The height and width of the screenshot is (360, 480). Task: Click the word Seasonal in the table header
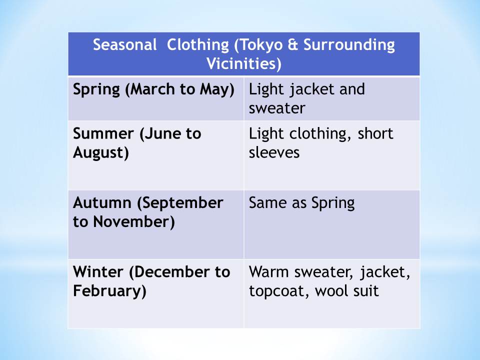[125, 44]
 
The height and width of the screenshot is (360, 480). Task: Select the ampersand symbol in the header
[293, 44]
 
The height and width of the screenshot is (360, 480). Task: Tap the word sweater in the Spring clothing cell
[277, 108]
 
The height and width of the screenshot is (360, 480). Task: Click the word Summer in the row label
[103, 134]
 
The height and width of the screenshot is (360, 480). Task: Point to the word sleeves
[274, 152]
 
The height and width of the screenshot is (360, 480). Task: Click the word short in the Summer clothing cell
[375, 133]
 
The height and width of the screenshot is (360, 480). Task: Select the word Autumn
[102, 202]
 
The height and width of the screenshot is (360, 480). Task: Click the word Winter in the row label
[98, 272]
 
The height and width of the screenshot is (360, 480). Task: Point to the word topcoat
[277, 291]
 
